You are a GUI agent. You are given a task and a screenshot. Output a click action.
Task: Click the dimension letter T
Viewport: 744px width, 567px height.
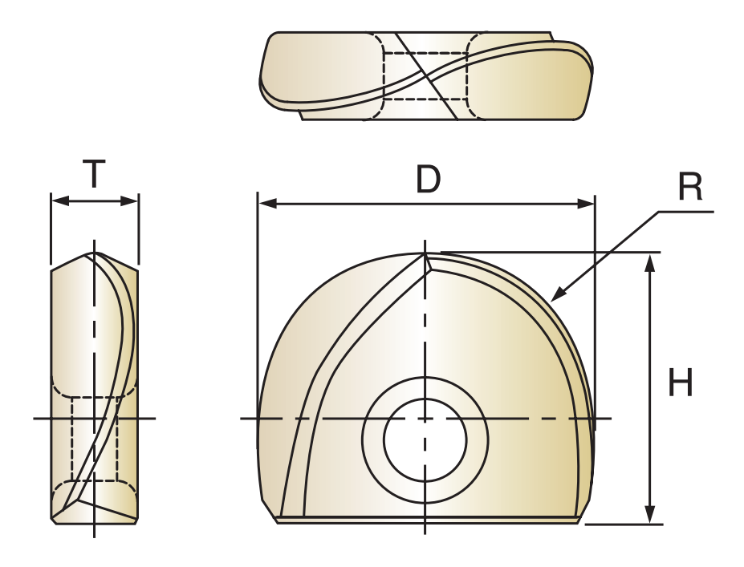coord(95,174)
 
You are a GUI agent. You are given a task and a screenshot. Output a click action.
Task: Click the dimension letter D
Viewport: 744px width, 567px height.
coord(428,180)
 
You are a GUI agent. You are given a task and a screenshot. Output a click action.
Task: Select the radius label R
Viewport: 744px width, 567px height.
coord(689,187)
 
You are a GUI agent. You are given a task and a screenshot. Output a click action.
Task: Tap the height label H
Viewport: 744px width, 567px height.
coord(681,383)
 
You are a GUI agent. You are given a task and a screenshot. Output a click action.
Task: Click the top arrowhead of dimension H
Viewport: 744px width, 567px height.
coord(651,261)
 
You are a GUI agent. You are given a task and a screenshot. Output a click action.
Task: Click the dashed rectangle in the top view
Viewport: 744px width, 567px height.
coord(425,76)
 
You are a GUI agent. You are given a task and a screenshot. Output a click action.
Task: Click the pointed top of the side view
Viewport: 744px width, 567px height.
coord(95,254)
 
